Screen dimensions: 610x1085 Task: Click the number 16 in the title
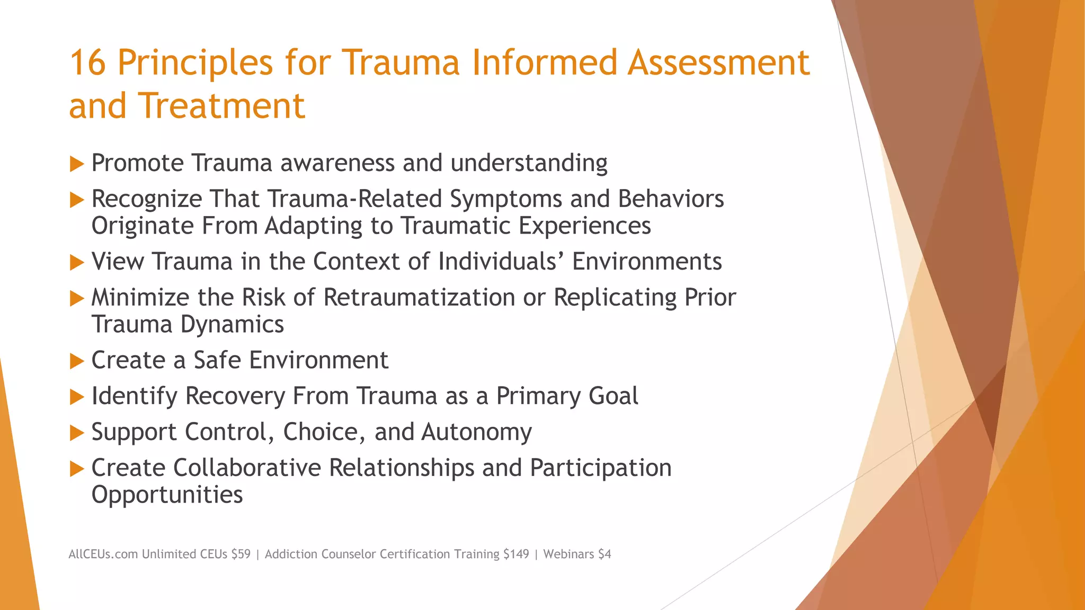click(87, 62)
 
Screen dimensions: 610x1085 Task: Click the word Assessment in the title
click(718, 62)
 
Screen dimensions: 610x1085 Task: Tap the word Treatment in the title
click(222, 105)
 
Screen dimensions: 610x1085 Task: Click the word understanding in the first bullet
click(529, 163)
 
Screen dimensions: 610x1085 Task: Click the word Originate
click(142, 226)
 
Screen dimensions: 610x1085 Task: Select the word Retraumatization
click(419, 298)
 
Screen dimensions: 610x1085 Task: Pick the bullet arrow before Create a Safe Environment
click(77, 362)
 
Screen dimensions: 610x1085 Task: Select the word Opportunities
click(167, 495)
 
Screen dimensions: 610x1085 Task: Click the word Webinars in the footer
click(568, 554)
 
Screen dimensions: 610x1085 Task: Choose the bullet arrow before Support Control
click(77, 434)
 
